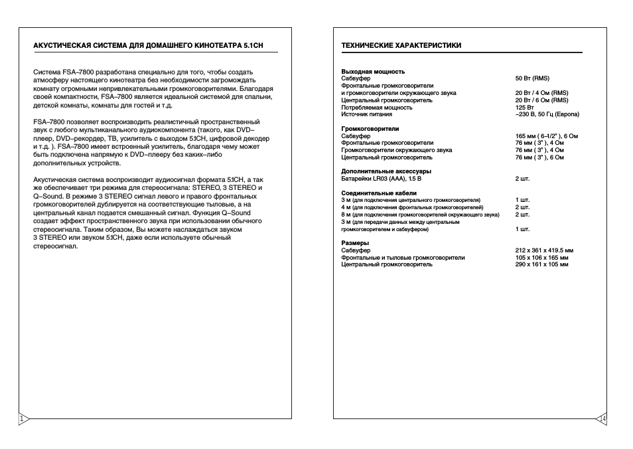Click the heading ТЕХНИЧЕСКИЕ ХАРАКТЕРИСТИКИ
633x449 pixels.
tap(401, 46)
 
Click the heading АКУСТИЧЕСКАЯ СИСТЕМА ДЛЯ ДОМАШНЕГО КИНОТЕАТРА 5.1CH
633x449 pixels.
tap(148, 46)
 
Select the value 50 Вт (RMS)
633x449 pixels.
tap(532, 78)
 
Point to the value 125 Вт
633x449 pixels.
tap(525, 107)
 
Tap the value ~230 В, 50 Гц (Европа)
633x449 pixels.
tap(547, 114)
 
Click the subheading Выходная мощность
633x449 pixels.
tap(372, 71)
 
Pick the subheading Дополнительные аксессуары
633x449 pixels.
tap(381, 171)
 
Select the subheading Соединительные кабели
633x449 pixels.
tap(378, 193)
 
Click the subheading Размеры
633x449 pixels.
tap(355, 243)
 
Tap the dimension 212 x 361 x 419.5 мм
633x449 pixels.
tap(544, 250)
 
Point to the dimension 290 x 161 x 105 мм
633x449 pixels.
tap(541, 264)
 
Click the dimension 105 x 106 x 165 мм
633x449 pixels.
tap(541, 258)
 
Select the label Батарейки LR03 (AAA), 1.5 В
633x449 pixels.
tap(381, 179)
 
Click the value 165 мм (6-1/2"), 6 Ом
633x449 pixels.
tap(547, 136)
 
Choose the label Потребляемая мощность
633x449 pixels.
tap(376, 107)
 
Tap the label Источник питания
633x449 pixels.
tap(366, 114)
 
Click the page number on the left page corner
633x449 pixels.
tap(22, 418)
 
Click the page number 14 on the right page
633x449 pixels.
tap(602, 418)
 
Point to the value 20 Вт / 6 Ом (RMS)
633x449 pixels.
tap(541, 100)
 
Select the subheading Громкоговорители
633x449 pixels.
tap(370, 129)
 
